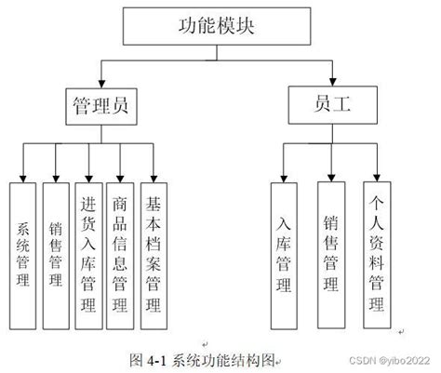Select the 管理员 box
(100, 106)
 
